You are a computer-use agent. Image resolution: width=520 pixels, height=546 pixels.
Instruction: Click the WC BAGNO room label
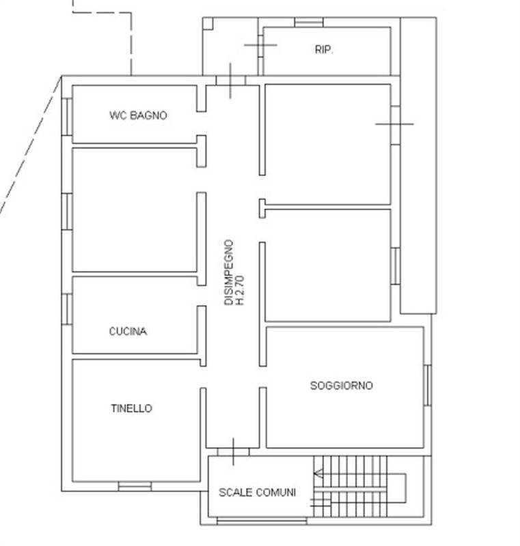[137, 116]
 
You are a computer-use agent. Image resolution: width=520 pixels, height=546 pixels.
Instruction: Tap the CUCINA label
[128, 332]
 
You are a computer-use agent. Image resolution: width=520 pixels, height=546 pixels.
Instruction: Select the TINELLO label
[131, 409]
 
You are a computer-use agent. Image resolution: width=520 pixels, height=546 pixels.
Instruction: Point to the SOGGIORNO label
[342, 386]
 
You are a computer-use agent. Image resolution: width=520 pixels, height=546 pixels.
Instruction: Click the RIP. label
[324, 50]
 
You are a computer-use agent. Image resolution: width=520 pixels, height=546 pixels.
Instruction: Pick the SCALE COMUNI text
[257, 492]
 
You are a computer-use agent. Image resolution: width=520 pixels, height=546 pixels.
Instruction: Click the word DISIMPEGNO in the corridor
[230, 271]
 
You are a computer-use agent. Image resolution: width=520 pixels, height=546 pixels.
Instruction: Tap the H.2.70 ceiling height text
[240, 289]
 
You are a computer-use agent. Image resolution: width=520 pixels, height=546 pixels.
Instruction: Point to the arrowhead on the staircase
[318, 473]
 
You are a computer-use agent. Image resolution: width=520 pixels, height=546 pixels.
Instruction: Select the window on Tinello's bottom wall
[135, 486]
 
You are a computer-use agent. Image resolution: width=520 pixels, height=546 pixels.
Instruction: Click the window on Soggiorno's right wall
[428, 386]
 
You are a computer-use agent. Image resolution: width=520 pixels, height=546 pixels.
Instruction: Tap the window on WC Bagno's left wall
[67, 117]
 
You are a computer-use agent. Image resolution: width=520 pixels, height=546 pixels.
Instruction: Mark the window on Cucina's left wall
[67, 308]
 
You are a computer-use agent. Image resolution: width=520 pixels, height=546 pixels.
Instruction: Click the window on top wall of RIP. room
[308, 23]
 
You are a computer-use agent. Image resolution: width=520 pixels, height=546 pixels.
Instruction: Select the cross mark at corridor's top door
[231, 80]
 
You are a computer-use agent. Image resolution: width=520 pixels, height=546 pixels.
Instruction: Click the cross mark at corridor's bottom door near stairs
[233, 451]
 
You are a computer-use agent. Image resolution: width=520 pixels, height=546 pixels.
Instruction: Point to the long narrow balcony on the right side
[418, 164]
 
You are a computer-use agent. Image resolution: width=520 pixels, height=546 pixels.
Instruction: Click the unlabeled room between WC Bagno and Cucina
[135, 210]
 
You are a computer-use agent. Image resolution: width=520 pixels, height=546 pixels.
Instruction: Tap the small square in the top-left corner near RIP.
[208, 23]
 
